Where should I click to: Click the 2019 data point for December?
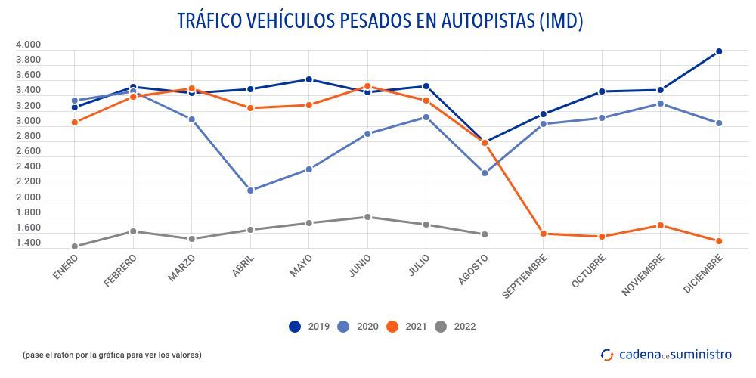(719, 51)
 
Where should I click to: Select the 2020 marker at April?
(251, 191)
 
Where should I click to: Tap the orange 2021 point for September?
(544, 234)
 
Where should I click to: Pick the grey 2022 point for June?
(367, 217)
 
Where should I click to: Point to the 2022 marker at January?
(75, 246)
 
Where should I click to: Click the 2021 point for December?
(719, 241)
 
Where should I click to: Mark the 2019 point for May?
(309, 79)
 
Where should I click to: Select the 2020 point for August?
(485, 173)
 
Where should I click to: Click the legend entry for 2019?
(308, 327)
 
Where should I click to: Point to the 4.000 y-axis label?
(28, 45)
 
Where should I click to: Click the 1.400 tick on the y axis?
(28, 243)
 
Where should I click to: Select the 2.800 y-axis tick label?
(28, 136)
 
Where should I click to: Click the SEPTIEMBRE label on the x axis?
(527, 277)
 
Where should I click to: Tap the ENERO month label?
(66, 267)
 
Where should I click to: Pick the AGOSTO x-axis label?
(473, 269)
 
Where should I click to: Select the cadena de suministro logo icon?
(607, 354)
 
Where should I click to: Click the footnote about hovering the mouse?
(112, 355)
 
